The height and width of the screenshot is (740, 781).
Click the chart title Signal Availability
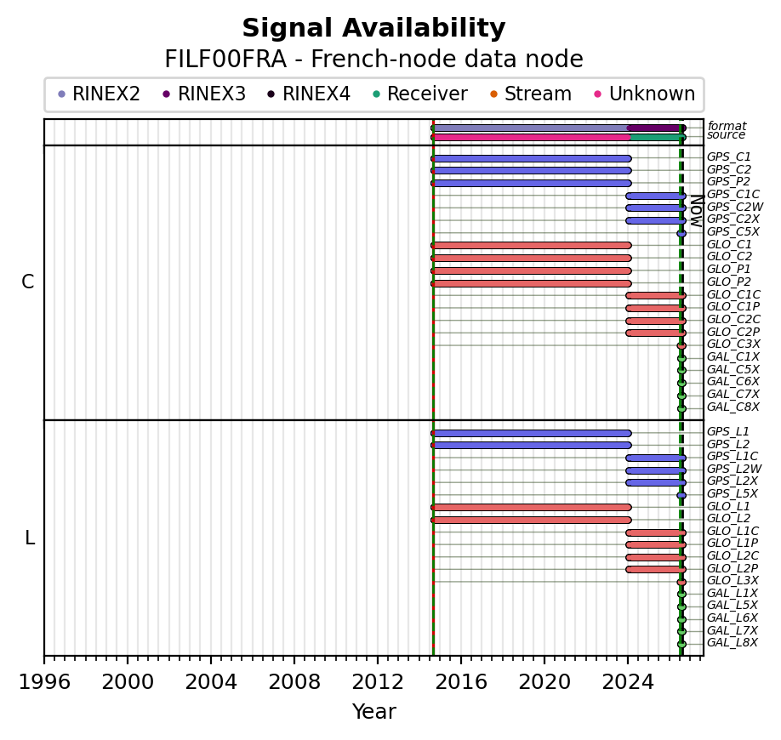click(x=373, y=28)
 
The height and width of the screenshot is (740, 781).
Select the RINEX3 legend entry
click(x=204, y=94)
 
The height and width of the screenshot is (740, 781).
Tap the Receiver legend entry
click(x=420, y=94)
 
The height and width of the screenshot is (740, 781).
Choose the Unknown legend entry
click(x=645, y=94)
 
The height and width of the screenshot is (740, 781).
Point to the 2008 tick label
click(x=294, y=682)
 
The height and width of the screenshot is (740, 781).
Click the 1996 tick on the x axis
click(x=44, y=660)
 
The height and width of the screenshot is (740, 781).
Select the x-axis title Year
click(x=374, y=712)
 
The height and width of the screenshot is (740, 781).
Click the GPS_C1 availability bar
click(x=532, y=159)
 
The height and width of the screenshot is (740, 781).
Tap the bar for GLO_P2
click(x=532, y=283)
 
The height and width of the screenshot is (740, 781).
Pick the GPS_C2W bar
click(x=656, y=208)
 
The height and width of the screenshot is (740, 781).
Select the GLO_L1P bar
click(x=656, y=544)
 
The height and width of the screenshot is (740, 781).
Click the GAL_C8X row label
click(x=733, y=407)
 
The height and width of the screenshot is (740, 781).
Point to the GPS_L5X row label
click(x=733, y=493)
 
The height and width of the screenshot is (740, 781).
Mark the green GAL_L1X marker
click(x=681, y=594)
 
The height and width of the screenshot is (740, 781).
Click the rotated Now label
click(x=698, y=212)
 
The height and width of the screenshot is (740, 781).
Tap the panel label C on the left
click(x=28, y=282)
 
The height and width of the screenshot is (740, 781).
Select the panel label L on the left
click(x=30, y=538)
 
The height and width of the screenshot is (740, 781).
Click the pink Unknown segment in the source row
click(x=532, y=137)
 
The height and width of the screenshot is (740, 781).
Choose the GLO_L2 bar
click(x=532, y=520)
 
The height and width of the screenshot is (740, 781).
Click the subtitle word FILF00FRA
click(x=225, y=60)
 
